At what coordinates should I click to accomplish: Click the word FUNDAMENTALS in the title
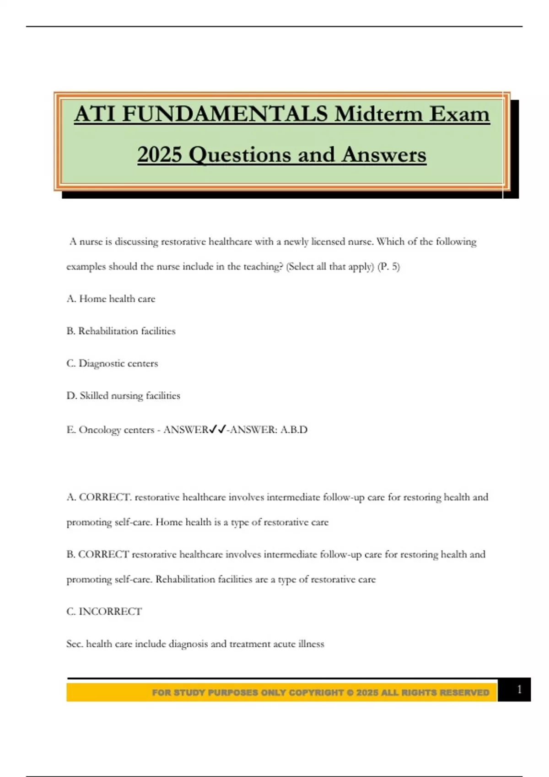[x=225, y=114]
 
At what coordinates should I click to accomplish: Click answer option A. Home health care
[x=111, y=299]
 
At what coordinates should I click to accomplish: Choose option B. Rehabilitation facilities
[x=121, y=331]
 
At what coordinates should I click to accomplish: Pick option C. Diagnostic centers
[x=112, y=363]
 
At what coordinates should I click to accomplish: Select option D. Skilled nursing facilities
[x=123, y=396]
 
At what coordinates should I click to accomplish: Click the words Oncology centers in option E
[x=116, y=430]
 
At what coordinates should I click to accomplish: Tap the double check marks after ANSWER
[x=217, y=430]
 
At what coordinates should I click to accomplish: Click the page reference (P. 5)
[x=388, y=267]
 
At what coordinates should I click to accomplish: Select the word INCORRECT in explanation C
[x=110, y=612]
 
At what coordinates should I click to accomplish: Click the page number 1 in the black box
[x=519, y=689]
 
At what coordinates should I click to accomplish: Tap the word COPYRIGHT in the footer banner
[x=316, y=692]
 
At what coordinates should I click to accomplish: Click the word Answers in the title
[x=383, y=154]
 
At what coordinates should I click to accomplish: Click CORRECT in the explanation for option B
[x=104, y=554]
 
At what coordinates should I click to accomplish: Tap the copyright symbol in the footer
[x=350, y=692]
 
